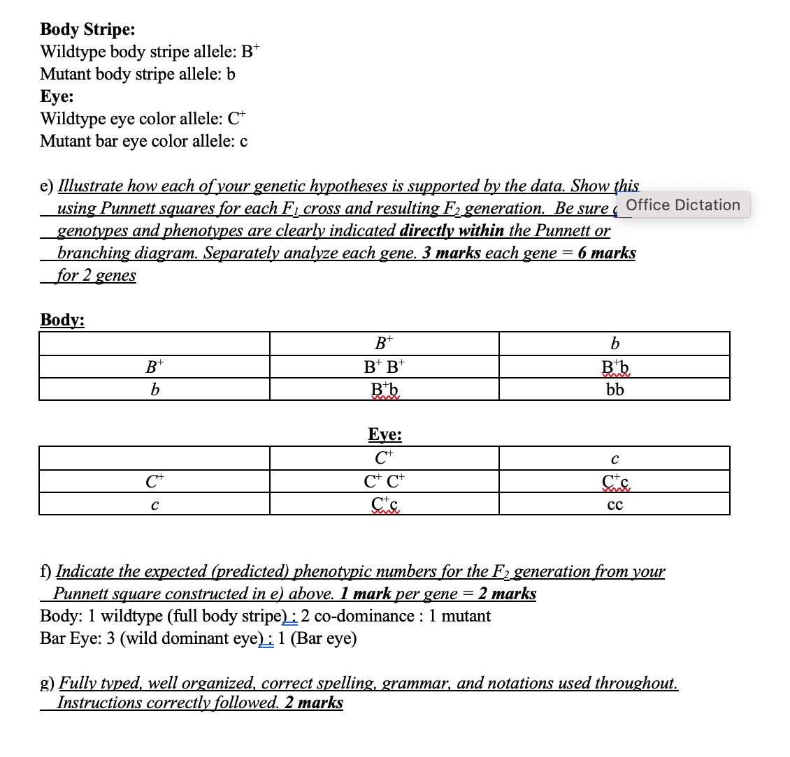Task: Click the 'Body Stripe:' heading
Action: [87, 29]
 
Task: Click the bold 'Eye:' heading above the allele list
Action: [57, 96]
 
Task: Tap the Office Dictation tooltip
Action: [682, 205]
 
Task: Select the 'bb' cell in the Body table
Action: [615, 390]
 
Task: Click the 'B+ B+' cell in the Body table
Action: [384, 367]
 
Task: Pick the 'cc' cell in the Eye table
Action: [615, 505]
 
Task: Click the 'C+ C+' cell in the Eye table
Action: [384, 482]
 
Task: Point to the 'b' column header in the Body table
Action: [615, 344]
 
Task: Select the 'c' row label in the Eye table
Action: [154, 504]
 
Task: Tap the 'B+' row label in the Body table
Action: [154, 367]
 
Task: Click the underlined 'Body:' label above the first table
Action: [62, 320]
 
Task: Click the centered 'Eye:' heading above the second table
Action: [385, 434]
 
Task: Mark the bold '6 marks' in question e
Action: [606, 253]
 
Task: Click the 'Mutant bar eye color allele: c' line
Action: [143, 141]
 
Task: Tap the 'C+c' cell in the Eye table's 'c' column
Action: [615, 482]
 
